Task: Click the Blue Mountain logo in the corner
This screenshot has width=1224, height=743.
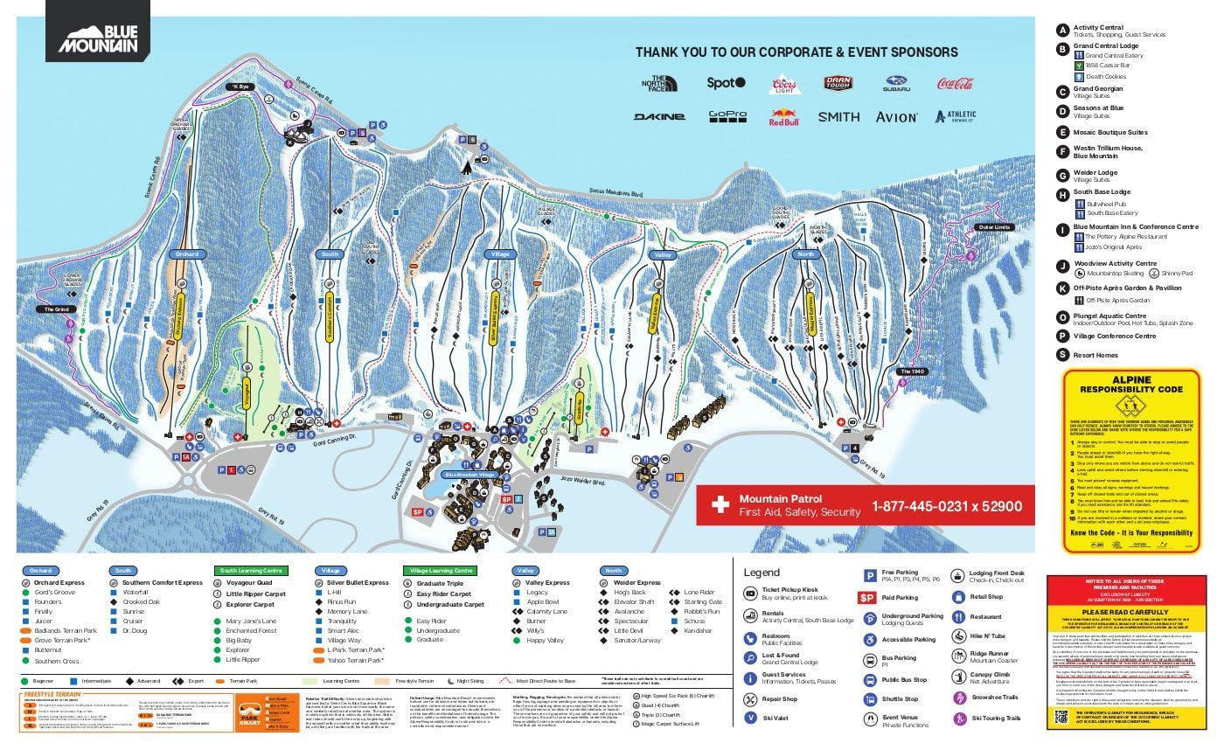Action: pos(98,38)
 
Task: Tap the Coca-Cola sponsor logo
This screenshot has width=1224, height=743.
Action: pos(955,84)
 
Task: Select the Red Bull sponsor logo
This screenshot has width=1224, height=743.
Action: pos(783,117)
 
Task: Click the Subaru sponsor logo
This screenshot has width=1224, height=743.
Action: pos(896,84)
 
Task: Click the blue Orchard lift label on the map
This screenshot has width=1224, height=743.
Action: pos(187,254)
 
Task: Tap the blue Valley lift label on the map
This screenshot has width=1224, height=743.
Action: pos(661,254)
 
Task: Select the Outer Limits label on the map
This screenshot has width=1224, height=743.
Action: pos(993,227)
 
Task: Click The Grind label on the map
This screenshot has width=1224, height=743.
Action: pos(56,309)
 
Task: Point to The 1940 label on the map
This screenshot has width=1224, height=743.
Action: pos(911,371)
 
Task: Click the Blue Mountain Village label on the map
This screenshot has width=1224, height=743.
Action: pos(469,475)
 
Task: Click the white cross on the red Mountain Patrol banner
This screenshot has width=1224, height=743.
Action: pos(720,505)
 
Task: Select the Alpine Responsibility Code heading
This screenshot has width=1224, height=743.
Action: pos(1130,385)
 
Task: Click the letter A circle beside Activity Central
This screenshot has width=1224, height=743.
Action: pos(1062,29)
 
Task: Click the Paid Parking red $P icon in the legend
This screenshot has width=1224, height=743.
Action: pos(866,598)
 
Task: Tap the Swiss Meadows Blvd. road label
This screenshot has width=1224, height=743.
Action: pos(617,194)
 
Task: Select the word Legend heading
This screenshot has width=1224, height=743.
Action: pos(761,573)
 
